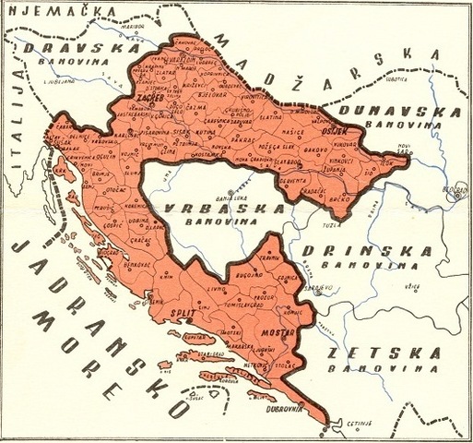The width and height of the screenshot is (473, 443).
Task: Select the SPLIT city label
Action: [x=184, y=314]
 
